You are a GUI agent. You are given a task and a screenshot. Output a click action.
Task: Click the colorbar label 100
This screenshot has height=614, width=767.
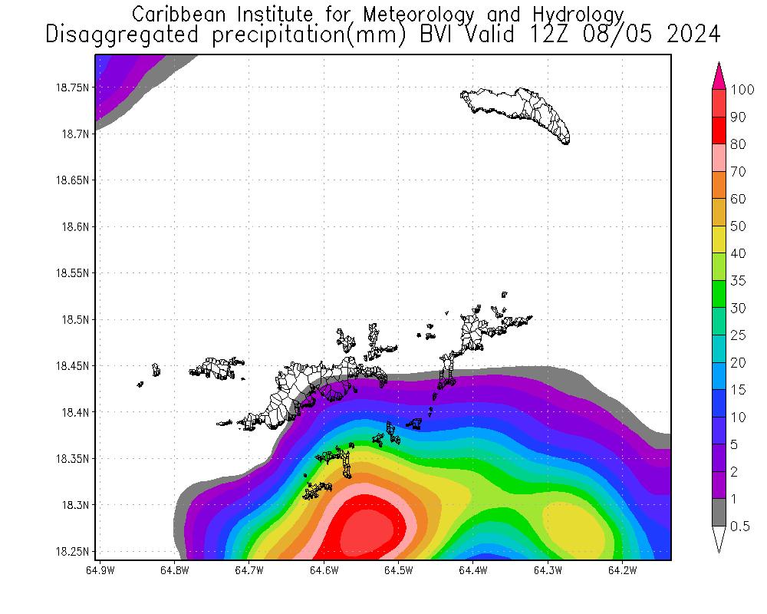743,90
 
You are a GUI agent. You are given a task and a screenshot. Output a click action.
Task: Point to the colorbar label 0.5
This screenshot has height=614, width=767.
740,526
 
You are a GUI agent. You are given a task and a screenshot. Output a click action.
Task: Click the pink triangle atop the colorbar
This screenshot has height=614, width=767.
719,76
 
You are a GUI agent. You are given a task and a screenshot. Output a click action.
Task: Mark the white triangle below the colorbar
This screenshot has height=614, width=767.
719,539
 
